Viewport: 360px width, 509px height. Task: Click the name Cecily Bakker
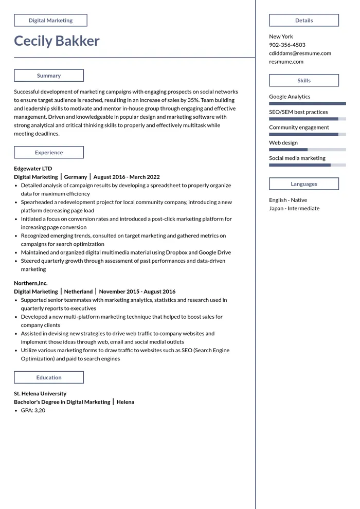coord(57,41)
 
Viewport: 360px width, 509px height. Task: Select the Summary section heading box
coord(49,76)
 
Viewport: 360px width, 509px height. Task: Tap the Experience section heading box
coord(49,152)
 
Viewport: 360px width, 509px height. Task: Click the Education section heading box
coord(49,377)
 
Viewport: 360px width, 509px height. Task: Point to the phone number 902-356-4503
coord(287,45)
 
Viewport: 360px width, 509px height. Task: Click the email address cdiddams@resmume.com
coord(300,53)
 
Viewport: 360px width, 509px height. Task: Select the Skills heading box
coord(304,80)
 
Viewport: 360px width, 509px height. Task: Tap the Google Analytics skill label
coord(290,97)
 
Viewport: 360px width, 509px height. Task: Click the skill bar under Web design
coord(307,150)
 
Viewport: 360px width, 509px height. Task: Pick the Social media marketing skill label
coord(297,158)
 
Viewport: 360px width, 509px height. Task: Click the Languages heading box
coord(304,184)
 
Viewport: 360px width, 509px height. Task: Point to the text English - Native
coord(288,200)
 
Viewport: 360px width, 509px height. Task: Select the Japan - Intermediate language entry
coord(294,208)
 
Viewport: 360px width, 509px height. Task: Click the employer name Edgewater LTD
coord(33,169)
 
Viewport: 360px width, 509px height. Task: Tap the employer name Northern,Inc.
coord(31,283)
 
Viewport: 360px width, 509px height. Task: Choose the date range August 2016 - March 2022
coord(127,177)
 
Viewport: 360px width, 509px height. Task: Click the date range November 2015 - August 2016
coord(137,292)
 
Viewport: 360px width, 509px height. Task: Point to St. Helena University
coord(40,394)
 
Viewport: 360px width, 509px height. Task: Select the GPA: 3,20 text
coord(33,410)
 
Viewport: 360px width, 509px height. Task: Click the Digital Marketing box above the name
coord(50,21)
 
